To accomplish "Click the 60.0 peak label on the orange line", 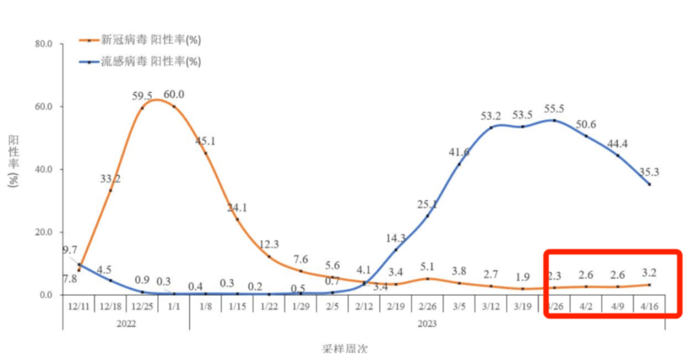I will pos(174,94).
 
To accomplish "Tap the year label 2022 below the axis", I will pos(126,324).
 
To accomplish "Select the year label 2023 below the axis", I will pos(427,324).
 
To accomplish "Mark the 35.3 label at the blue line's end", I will pos(649,172).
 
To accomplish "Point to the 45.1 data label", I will pos(206,141).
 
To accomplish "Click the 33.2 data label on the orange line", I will pos(111,178).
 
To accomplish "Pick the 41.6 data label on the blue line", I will pos(459,152).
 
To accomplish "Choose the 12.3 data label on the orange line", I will pos(269,244).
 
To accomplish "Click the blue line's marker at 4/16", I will pos(649,184).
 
